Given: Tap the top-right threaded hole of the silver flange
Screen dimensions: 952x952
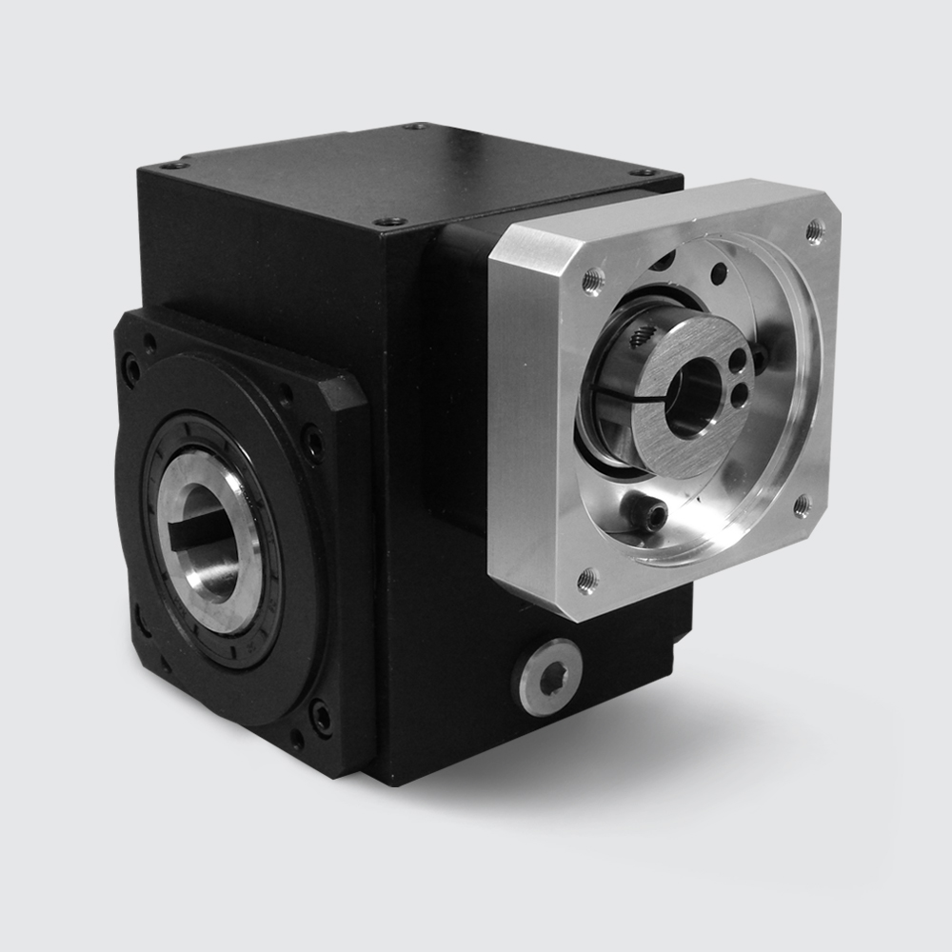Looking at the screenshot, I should pyautogui.click(x=814, y=229).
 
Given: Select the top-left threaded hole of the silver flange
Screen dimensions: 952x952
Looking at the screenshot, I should pyautogui.click(x=592, y=279).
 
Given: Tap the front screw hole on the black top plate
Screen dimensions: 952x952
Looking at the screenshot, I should pyautogui.click(x=387, y=221).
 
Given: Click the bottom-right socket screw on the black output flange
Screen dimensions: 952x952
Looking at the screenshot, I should pyautogui.click(x=321, y=717).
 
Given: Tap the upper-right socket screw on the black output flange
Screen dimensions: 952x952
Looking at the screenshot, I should pyautogui.click(x=312, y=442).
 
